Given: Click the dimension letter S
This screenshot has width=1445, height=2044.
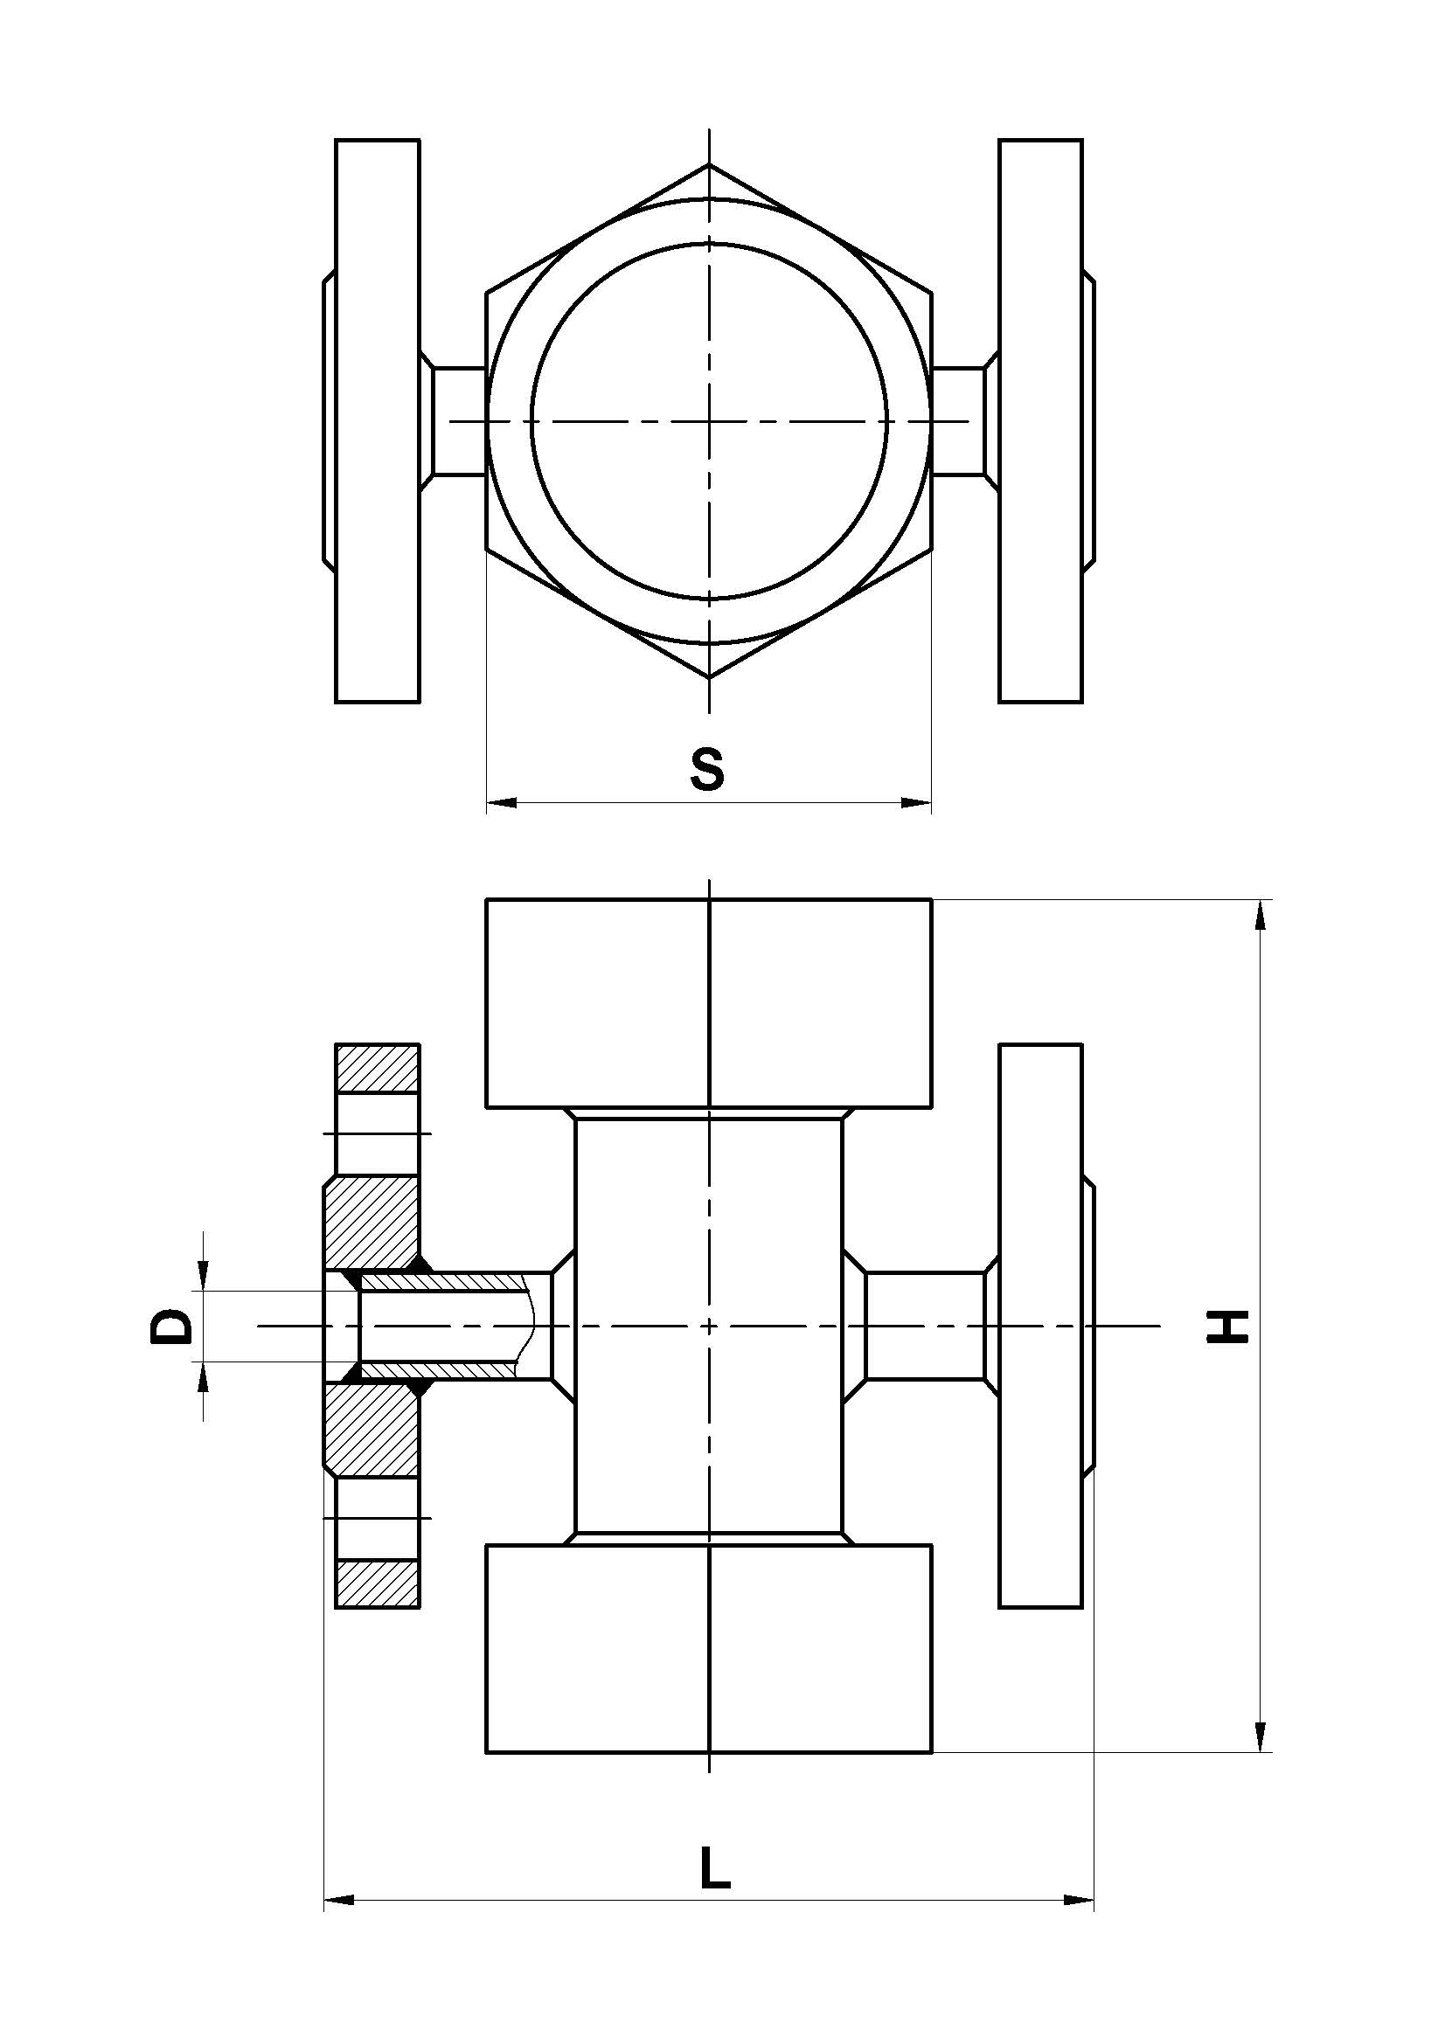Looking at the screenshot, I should click(707, 771).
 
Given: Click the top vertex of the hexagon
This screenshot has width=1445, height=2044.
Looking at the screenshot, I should click(709, 165).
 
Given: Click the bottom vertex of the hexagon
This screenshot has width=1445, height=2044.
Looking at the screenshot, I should click(709, 677).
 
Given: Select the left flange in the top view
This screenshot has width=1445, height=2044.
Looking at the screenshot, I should click(377, 421).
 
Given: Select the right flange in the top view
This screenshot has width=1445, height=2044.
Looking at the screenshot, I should click(1040, 421).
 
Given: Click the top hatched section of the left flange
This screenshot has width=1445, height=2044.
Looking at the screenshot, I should click(377, 1067).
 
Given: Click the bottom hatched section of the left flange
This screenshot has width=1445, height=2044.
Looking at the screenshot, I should click(377, 1583).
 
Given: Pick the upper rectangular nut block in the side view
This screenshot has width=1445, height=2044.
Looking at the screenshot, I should click(709, 1003).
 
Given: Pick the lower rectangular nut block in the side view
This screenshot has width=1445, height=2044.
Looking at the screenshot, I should click(709, 1648).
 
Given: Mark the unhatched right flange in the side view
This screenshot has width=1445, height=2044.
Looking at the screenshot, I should click(1040, 1326).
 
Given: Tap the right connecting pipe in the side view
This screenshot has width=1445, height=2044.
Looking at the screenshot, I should click(925, 1326).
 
